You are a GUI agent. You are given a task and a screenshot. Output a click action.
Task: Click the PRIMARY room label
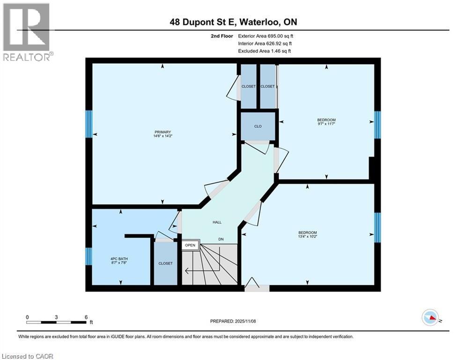(x=164, y=132)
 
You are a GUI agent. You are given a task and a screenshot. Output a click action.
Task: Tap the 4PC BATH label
(x=119, y=259)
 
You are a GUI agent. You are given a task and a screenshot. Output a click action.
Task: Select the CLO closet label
(x=258, y=126)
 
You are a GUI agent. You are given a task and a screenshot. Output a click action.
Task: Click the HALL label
(x=216, y=222)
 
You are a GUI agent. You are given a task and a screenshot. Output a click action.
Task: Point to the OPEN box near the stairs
(x=190, y=245)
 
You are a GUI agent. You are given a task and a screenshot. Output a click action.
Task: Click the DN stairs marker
(x=222, y=240)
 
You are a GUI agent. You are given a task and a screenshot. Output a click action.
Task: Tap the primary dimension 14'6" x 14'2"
(x=164, y=137)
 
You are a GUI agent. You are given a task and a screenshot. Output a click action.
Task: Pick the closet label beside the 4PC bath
(x=165, y=263)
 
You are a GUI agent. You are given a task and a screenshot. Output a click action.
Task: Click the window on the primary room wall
(x=88, y=124)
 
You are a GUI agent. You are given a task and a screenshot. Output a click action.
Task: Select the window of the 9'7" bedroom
(x=377, y=125)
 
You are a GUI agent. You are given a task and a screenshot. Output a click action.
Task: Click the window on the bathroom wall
(x=88, y=256)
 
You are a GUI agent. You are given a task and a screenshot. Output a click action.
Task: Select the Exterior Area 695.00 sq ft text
(x=266, y=36)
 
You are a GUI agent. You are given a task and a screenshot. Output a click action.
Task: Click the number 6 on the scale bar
(x=86, y=317)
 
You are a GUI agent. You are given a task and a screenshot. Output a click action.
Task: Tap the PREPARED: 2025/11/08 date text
(x=233, y=321)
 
